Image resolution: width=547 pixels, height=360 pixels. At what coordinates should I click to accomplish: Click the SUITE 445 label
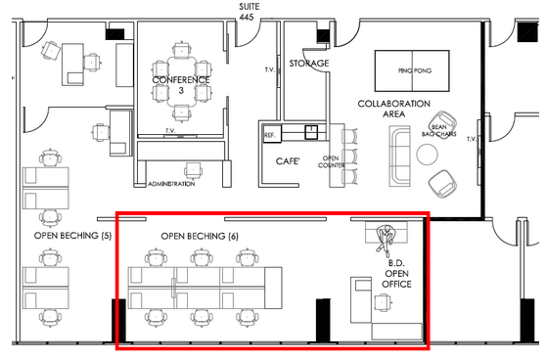(x=249, y=12)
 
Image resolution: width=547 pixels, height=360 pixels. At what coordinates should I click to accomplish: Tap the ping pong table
(x=412, y=70)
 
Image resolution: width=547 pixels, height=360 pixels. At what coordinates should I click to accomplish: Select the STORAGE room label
(x=309, y=64)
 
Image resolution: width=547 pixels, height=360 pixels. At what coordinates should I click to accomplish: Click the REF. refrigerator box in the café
(x=272, y=133)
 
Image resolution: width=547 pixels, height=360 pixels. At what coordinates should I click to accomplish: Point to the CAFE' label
(x=287, y=161)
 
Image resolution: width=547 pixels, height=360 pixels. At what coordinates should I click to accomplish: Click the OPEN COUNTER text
(x=331, y=161)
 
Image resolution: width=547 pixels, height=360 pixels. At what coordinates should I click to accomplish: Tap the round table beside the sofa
(x=427, y=155)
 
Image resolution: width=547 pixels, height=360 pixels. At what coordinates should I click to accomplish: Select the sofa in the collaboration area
(x=400, y=156)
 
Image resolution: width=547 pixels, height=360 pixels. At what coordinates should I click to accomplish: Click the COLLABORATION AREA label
(x=393, y=109)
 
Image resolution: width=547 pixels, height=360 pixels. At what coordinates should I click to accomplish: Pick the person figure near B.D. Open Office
(x=385, y=238)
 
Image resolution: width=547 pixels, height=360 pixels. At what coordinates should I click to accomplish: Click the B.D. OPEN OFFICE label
(x=396, y=274)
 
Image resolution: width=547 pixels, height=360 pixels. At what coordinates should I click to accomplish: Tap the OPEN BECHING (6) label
(x=200, y=236)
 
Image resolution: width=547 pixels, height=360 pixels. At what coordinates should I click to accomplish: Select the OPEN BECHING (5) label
(x=72, y=236)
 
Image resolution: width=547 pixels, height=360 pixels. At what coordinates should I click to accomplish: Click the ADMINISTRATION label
(x=171, y=184)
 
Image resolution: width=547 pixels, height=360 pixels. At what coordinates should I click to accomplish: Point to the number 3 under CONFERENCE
(x=181, y=90)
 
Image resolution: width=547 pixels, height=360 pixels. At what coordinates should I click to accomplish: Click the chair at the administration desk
(x=194, y=170)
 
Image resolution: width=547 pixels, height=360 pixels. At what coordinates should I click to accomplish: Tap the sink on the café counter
(x=311, y=132)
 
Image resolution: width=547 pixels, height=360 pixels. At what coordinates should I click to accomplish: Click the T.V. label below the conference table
(x=170, y=131)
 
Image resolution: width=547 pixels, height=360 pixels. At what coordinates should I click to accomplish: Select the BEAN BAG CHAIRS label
(x=438, y=130)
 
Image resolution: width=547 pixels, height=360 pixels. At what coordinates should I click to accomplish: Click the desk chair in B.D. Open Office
(x=383, y=302)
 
